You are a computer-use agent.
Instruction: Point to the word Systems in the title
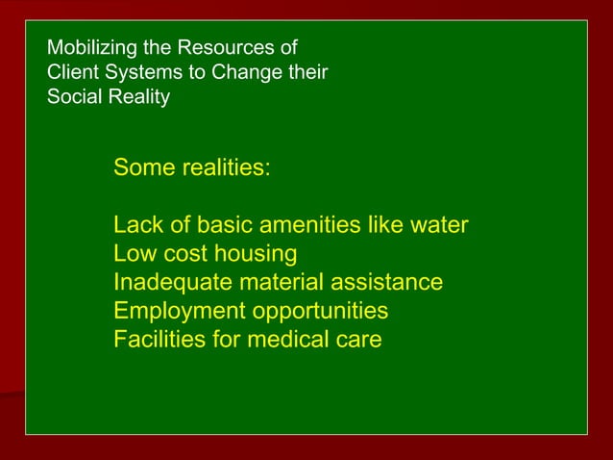(x=137, y=72)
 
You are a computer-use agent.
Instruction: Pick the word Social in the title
(x=71, y=97)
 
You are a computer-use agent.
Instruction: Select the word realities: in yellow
(x=226, y=168)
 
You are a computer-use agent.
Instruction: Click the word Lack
(x=137, y=226)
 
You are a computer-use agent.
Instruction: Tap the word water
(x=436, y=226)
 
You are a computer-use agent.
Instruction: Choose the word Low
(x=135, y=254)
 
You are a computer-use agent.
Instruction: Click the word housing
(x=252, y=255)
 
